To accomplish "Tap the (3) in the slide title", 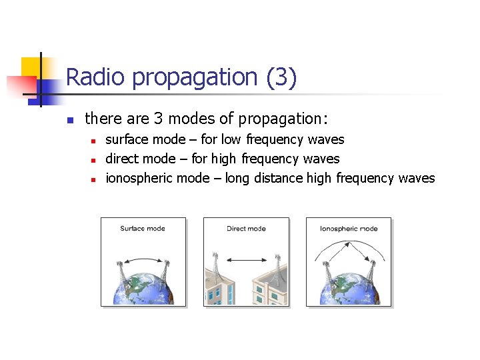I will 281,77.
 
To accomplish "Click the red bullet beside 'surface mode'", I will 94,141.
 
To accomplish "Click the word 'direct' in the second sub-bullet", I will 121,159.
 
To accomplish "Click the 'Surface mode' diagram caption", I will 142,229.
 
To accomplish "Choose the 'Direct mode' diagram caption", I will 246,229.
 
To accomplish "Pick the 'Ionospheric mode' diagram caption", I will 349,229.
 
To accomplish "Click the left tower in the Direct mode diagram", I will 215,265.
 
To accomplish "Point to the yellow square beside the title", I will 31,67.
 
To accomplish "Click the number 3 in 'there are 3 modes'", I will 158,119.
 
